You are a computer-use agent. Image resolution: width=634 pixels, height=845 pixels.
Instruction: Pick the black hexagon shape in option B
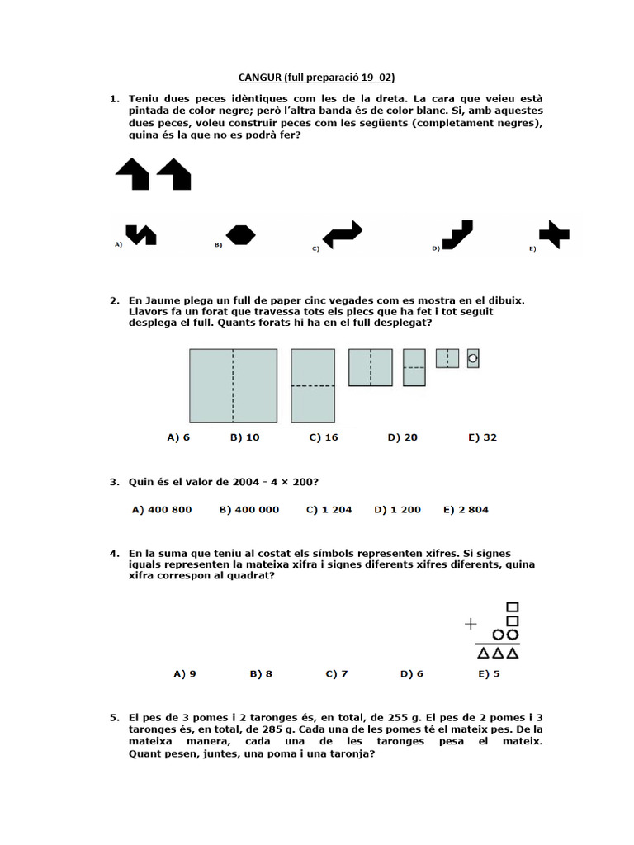pos(240,235)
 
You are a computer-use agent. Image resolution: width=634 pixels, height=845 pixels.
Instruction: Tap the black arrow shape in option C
pos(342,234)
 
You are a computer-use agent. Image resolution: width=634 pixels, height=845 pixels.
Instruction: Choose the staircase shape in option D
pos(457,234)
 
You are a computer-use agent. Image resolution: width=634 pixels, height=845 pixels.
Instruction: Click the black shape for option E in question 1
pos(553,234)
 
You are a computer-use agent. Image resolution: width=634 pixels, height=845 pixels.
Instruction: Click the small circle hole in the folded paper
pos(473,358)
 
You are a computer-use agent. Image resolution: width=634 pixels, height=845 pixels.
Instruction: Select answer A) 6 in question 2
pos(178,437)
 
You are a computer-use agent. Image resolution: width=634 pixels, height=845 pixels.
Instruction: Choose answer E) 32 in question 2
pos(482,437)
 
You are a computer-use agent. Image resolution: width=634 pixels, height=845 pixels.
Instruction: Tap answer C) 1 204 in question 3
pos(329,509)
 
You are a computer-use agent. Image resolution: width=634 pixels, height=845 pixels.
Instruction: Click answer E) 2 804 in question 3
pos(466,509)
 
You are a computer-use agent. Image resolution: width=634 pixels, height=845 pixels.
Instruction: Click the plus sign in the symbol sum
pos(471,624)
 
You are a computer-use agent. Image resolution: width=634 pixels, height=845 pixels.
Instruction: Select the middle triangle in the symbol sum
pos(498,654)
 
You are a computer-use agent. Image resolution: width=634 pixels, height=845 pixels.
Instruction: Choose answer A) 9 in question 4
pos(185,673)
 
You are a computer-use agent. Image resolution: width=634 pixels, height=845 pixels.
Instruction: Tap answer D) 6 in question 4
pos(412,673)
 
